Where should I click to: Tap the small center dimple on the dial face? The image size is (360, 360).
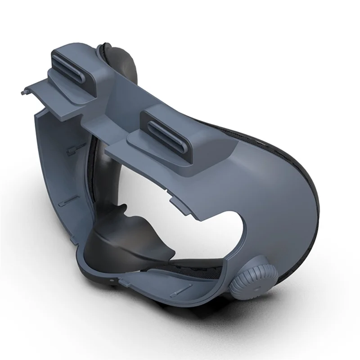(258, 284)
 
